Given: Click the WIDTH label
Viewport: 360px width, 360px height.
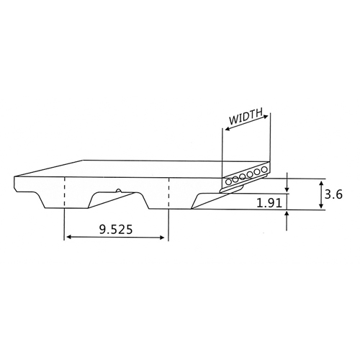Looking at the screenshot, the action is (x=246, y=117).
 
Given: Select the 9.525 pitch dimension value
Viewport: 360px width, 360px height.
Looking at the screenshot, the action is (x=116, y=230).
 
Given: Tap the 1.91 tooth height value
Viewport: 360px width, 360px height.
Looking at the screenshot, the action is (x=269, y=204).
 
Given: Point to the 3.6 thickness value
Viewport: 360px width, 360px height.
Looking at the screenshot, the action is (x=333, y=194).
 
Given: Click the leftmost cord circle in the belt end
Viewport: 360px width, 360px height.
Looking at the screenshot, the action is (x=229, y=182).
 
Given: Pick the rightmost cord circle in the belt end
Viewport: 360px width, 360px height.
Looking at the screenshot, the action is (x=264, y=170).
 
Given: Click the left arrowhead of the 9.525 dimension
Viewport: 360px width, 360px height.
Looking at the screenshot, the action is (x=69, y=237).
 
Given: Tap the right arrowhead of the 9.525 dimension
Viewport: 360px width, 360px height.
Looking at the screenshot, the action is (x=161, y=238).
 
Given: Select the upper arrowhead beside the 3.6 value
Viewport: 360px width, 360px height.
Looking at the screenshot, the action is (x=321, y=184).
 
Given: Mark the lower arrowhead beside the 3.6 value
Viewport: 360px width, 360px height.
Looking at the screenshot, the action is (x=321, y=206).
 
